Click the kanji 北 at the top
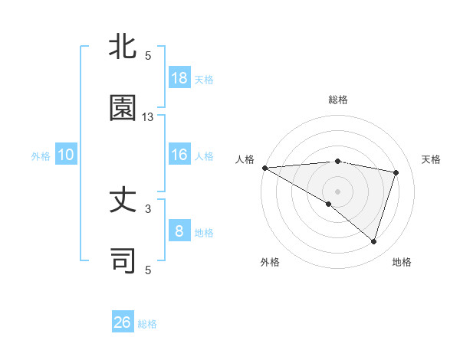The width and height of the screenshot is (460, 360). pos(123,47)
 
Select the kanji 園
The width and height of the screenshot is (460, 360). pos(123,108)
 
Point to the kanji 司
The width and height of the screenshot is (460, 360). pos(123,260)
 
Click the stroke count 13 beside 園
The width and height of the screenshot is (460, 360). pos(148,117)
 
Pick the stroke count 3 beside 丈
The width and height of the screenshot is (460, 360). pos(148,208)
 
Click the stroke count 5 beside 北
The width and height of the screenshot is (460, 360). pos(148,55)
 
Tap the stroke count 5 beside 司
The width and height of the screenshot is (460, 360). pos(148,270)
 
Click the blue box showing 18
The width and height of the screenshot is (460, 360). pos(179,78)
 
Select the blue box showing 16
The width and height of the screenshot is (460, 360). pos(179,155)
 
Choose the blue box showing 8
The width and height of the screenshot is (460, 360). pos(179,231)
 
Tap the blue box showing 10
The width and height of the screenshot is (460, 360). pos(66,155)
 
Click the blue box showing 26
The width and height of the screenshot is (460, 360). pos(123,322)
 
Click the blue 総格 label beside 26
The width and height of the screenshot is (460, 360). pos(147,324)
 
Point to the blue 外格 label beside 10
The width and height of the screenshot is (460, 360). pos(41,156)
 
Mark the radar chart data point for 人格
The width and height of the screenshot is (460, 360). pos(264,168)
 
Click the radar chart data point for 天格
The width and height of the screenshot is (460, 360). pos(396,172)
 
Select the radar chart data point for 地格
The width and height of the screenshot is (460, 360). pos(374,241)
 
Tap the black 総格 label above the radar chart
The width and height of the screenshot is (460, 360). pos(338,100)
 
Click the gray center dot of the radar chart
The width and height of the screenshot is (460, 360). pos(337,191)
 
